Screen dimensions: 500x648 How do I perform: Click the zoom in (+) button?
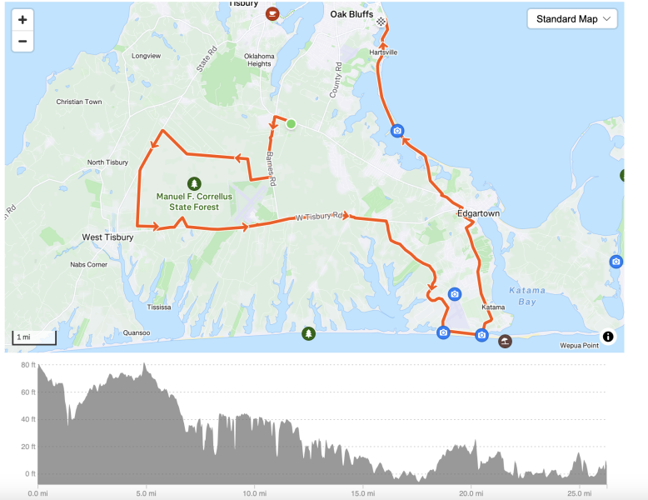pyautogui.click(x=22, y=20)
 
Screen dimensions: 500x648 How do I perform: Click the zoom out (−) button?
pyautogui.click(x=22, y=41)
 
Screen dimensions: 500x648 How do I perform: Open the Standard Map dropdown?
pyautogui.click(x=572, y=19)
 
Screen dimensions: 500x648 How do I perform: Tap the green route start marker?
pyautogui.click(x=291, y=124)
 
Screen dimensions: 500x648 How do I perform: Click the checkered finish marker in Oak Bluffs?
pyautogui.click(x=381, y=22)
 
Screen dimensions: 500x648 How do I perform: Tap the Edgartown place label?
pyautogui.click(x=478, y=213)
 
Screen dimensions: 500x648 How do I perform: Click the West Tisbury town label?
pyautogui.click(x=107, y=237)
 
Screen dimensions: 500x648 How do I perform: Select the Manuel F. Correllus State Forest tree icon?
pyautogui.click(x=194, y=182)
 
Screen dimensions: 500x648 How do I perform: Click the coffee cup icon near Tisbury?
pyautogui.click(x=272, y=13)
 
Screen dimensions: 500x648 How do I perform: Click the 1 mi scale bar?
pyautogui.click(x=34, y=337)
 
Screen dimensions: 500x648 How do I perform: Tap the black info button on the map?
pyautogui.click(x=608, y=337)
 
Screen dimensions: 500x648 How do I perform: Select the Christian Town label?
pyautogui.click(x=78, y=102)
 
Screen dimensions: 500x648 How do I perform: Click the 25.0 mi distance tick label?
pyautogui.click(x=579, y=493)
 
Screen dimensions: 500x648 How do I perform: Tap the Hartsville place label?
pyautogui.click(x=383, y=52)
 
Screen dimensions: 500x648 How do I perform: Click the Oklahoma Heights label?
pyautogui.click(x=258, y=60)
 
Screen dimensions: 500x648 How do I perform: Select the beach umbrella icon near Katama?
pyautogui.click(x=504, y=341)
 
